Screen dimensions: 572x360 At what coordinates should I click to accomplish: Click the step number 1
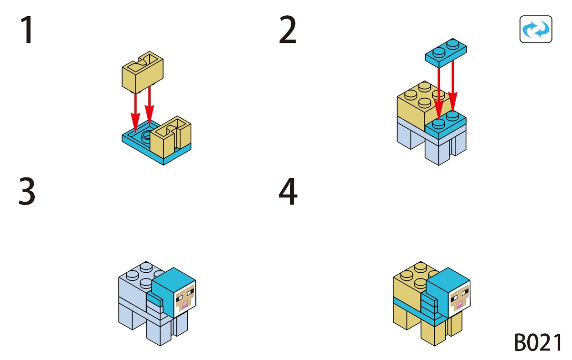pyautogui.click(x=27, y=31)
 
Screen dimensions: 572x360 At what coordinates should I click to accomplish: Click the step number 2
pyautogui.click(x=287, y=31)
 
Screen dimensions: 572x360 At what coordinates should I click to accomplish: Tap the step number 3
pyautogui.click(x=27, y=192)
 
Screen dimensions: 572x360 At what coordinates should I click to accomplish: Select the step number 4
pyautogui.click(x=288, y=192)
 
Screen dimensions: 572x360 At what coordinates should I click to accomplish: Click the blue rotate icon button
pyautogui.click(x=536, y=30)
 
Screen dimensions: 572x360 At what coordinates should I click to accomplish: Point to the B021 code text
pyautogui.click(x=538, y=342)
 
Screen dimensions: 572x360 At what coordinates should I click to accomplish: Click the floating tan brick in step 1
pyautogui.click(x=142, y=72)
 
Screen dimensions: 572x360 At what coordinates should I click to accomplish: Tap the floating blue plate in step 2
pyautogui.click(x=446, y=52)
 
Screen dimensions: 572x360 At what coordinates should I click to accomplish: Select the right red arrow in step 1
pyautogui.click(x=150, y=105)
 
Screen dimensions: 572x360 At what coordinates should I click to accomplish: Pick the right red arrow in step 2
pyautogui.click(x=453, y=86)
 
